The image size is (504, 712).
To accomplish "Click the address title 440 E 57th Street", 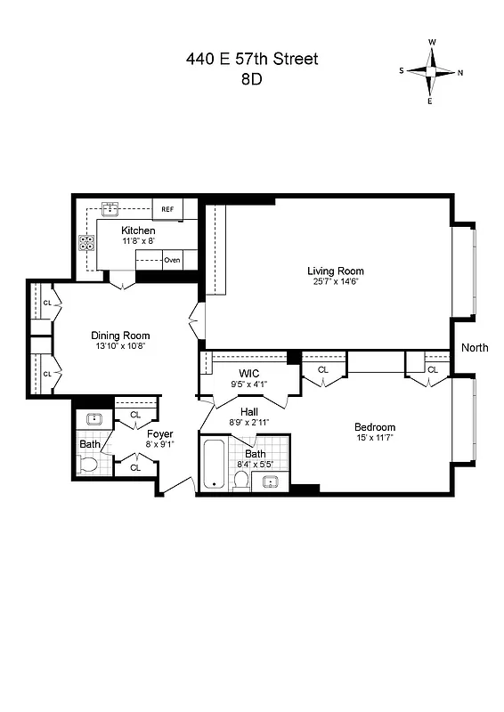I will (252, 60).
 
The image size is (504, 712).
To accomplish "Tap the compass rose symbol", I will (432, 72).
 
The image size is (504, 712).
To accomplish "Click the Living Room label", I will (336, 271).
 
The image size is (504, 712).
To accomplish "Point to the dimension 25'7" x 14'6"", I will (336, 282).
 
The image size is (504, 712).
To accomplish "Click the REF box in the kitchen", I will (167, 210).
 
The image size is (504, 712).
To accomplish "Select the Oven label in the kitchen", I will (172, 260).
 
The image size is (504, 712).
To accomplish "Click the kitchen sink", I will (111, 210).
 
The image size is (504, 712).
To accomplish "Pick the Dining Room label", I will (120, 336).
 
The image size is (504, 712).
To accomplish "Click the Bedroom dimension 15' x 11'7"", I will (374, 438).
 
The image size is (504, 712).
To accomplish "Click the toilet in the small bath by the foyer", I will (88, 464).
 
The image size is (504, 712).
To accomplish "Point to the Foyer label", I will (159, 434).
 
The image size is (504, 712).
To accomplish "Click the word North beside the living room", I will (474, 348).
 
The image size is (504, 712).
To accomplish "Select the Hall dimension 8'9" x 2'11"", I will (249, 423).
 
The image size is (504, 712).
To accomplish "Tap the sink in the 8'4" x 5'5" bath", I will (272, 481).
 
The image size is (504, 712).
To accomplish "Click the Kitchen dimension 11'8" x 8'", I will (138, 241).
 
